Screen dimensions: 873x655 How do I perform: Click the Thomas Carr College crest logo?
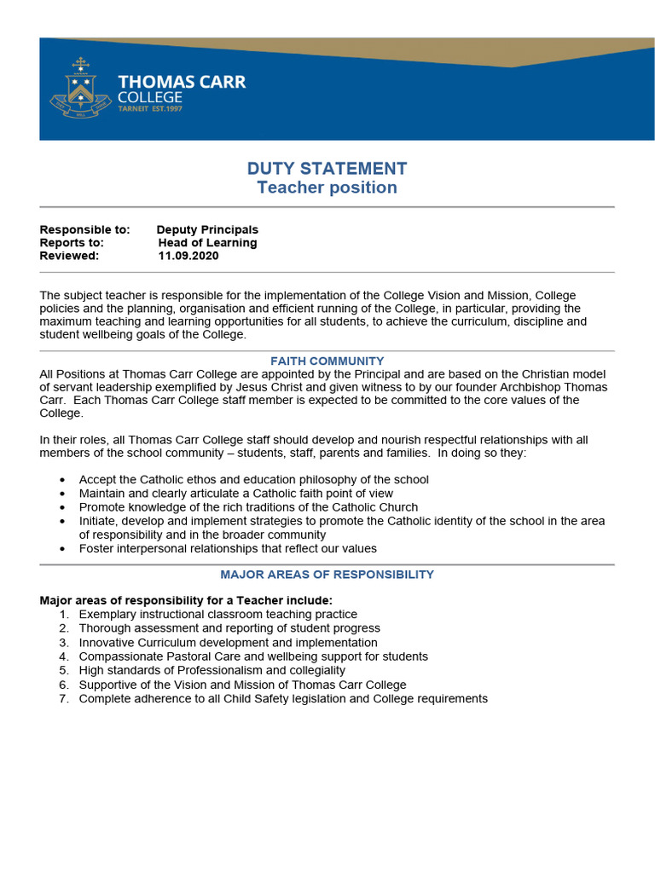81,89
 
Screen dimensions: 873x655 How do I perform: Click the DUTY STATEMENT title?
327,169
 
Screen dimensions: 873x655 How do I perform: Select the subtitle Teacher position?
327,188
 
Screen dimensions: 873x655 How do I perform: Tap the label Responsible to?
84,229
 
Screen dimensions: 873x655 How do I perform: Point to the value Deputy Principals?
207,229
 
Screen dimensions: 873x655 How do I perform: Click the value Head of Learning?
207,242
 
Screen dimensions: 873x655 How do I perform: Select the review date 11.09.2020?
188,255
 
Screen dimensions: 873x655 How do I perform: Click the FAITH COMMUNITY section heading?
327,361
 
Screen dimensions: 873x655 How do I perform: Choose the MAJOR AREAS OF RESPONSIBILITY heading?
327,575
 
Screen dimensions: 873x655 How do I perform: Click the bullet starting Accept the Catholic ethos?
253,479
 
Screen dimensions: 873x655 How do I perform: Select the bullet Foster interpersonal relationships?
228,548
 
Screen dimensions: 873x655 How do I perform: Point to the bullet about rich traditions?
248,506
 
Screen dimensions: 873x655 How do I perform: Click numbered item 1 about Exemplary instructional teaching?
217,614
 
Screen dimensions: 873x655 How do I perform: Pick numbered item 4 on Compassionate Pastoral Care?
253,656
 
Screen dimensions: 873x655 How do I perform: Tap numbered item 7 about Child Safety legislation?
283,698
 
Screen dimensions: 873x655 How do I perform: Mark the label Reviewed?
69,255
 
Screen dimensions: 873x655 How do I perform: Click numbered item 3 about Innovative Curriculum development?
228,642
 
